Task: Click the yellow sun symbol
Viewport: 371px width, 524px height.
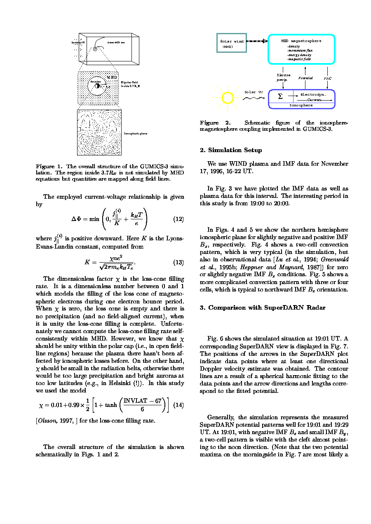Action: click(228, 98)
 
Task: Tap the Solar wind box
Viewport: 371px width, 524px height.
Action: click(231, 42)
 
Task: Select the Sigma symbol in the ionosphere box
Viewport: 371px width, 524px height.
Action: click(280, 96)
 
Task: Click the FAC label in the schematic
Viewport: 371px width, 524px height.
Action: click(327, 78)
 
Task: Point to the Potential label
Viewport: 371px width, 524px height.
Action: click(305, 78)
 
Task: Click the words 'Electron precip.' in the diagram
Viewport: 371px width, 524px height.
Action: click(283, 78)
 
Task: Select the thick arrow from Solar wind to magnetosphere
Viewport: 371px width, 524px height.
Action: click(257, 41)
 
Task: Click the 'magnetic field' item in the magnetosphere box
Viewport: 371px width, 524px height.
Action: click(299, 59)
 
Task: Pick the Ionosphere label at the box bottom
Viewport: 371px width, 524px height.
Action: click(301, 106)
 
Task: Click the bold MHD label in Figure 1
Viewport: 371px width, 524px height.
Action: click(112, 78)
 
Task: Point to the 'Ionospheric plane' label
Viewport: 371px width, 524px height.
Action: click(136, 134)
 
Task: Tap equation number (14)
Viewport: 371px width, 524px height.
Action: click(178, 405)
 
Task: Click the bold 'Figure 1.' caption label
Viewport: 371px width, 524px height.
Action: click(49, 167)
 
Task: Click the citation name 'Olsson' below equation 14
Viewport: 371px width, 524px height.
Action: click(47, 421)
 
